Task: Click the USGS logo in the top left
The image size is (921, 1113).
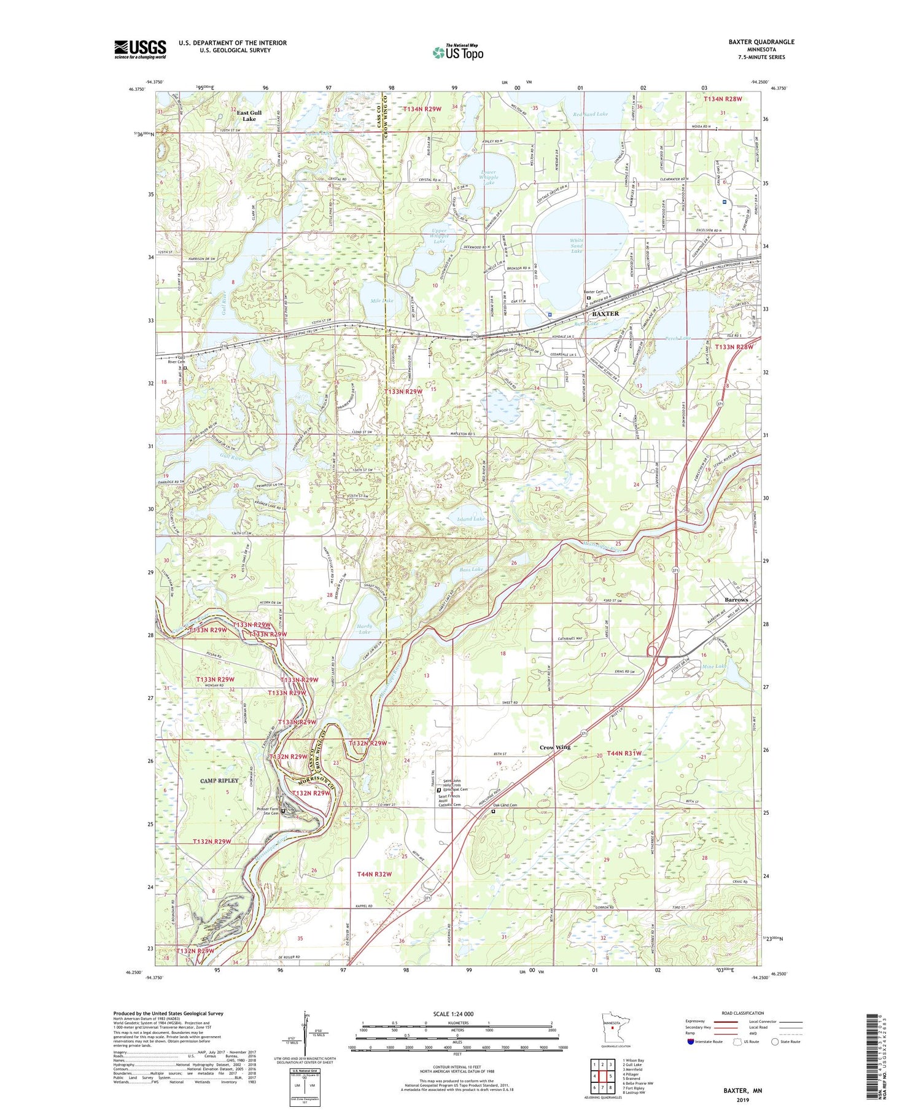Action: [140, 49]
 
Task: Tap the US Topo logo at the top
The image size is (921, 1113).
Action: [457, 53]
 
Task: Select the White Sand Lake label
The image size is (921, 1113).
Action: [577, 246]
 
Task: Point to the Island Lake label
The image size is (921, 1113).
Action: [471, 519]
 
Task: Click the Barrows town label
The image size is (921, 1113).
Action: [736, 599]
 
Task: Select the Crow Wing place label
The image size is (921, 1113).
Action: [555, 747]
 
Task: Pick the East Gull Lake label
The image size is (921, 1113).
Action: [249, 115]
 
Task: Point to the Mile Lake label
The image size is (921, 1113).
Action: [382, 301]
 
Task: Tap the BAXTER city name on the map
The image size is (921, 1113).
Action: [605, 313]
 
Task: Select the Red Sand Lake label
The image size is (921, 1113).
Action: [589, 114]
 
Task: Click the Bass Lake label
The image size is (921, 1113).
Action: [471, 570]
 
